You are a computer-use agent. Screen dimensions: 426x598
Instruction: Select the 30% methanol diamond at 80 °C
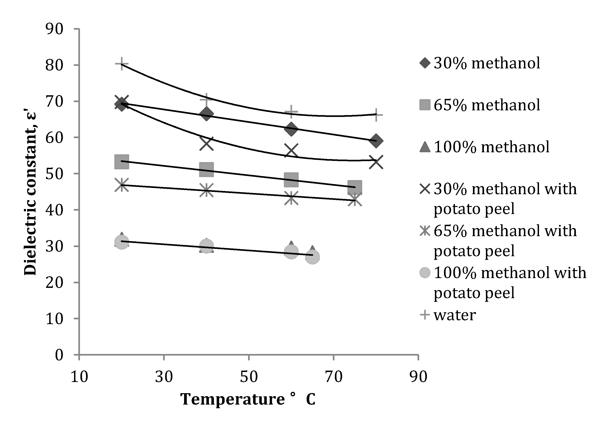click(x=376, y=141)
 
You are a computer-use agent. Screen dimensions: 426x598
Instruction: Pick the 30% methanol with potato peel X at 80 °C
click(x=376, y=162)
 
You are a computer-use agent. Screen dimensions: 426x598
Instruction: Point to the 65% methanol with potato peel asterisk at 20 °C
click(x=122, y=185)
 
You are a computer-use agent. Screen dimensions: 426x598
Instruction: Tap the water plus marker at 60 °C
click(x=291, y=112)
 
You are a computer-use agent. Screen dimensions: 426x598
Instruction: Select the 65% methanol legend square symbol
click(x=425, y=105)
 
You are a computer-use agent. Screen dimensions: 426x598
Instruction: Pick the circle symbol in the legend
click(x=425, y=273)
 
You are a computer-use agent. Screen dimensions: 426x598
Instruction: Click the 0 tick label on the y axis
click(x=59, y=355)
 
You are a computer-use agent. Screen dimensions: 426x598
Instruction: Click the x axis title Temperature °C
click(x=248, y=400)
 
